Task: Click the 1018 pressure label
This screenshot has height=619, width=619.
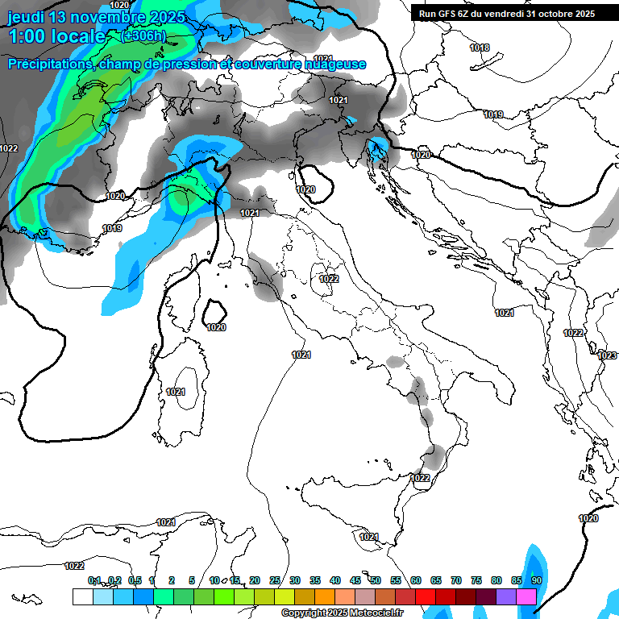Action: pyautogui.click(x=480, y=48)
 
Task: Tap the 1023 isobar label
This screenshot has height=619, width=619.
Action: pyautogui.click(x=607, y=355)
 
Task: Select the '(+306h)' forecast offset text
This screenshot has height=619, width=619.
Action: pyautogui.click(x=143, y=36)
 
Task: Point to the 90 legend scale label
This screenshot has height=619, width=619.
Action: pyautogui.click(x=536, y=580)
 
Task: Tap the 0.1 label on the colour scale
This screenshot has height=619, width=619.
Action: pyautogui.click(x=94, y=580)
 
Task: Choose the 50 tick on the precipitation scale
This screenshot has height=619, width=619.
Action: pyautogui.click(x=376, y=580)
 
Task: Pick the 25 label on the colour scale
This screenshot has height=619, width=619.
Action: pyautogui.click(x=275, y=580)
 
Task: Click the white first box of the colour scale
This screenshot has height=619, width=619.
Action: pyautogui.click(x=82, y=596)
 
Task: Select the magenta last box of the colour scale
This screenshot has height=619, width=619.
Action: pyautogui.click(x=526, y=596)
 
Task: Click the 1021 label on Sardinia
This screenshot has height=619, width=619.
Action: pyautogui.click(x=176, y=392)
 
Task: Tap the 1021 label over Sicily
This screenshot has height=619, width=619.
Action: pyautogui.click(x=369, y=537)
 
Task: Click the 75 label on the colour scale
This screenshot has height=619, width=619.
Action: pyautogui.click(x=476, y=580)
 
